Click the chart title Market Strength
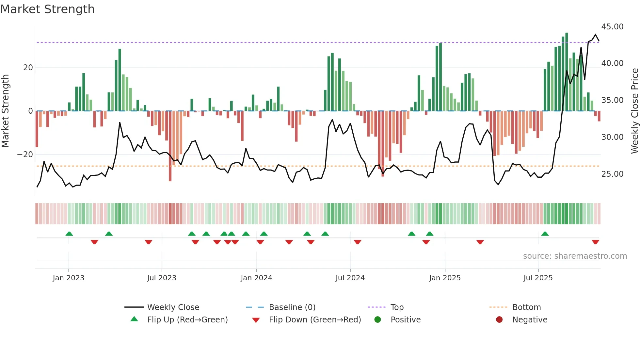(x=47, y=9)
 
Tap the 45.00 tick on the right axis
(x=612, y=27)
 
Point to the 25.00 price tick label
(x=612, y=174)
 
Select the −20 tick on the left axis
(x=25, y=155)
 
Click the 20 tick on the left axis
(x=28, y=68)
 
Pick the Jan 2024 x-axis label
(x=256, y=278)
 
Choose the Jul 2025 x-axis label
(x=538, y=278)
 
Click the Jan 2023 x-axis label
(x=69, y=278)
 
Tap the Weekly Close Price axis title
(x=634, y=111)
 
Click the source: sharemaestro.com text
(x=575, y=256)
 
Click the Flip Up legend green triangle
(x=134, y=319)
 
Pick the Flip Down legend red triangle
(x=256, y=320)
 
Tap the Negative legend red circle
(x=499, y=319)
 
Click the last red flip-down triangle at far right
(x=595, y=242)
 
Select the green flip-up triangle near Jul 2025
(x=545, y=234)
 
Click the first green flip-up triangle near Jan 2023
(x=69, y=234)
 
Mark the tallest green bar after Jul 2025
(x=567, y=72)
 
